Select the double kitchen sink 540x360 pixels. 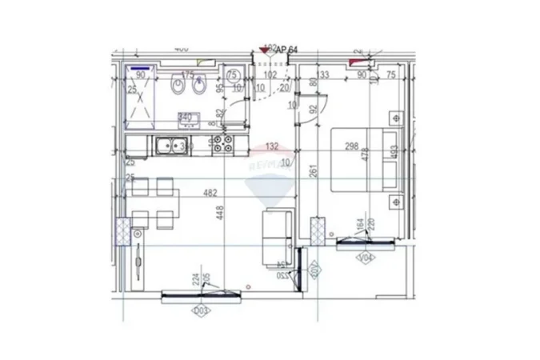[172, 146]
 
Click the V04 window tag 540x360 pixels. [366, 258]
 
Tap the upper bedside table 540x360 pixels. [394, 117]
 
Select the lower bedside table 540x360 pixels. [394, 200]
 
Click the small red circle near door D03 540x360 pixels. [250, 286]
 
